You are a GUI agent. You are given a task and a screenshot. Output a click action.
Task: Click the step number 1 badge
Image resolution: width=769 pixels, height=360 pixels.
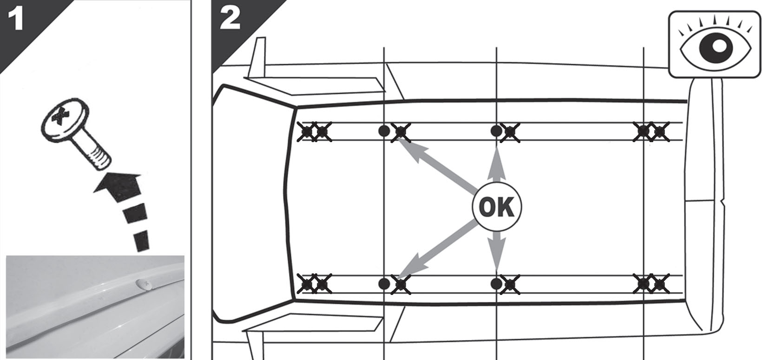tap(15, 19)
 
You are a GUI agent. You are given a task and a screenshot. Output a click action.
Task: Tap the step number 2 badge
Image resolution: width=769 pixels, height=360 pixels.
tap(230, 19)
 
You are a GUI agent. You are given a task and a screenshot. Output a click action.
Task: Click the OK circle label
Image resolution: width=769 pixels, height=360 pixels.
tap(496, 207)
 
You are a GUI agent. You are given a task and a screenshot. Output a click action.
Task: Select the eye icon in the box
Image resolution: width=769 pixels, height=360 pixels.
tap(715, 44)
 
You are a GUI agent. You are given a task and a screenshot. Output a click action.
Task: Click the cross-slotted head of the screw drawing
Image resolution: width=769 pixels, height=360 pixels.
tap(65, 117)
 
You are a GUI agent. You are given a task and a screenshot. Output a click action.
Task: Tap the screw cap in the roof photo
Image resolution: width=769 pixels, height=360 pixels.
tap(144, 284)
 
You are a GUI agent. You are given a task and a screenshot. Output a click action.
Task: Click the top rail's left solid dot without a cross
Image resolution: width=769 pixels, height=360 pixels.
tap(384, 131)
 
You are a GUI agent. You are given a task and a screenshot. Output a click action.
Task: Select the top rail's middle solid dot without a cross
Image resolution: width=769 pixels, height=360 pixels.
tap(496, 131)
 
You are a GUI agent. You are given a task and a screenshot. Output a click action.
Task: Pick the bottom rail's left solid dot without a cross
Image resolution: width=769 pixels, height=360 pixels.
tap(384, 284)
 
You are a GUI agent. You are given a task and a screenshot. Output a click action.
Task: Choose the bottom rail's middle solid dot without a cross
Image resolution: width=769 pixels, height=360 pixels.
tap(496, 284)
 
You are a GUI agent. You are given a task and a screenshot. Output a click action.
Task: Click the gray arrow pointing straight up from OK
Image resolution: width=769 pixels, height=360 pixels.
tap(497, 164)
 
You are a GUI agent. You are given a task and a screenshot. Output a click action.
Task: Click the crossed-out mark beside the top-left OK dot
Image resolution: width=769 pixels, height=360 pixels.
tap(401, 132)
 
